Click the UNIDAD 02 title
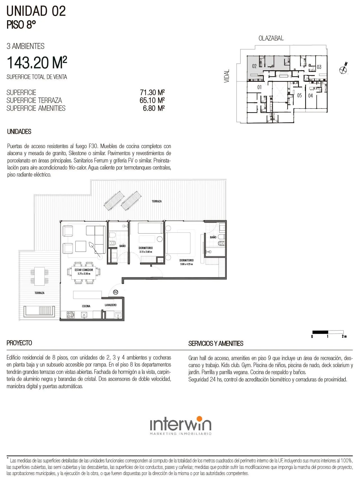click(x=36, y=11)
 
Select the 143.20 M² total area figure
click(x=37, y=62)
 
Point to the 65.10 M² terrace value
click(x=152, y=100)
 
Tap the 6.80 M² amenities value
click(x=154, y=108)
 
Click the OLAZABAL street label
click(x=271, y=38)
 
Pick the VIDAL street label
click(x=227, y=76)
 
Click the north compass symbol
click(x=344, y=68)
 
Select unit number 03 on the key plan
click(x=319, y=67)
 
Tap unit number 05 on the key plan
click(x=300, y=96)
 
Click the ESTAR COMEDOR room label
click(x=84, y=270)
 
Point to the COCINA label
click(x=86, y=306)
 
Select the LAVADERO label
click(x=111, y=305)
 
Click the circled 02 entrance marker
click(x=116, y=292)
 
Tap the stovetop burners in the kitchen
click(x=70, y=315)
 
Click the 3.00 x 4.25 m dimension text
click(x=186, y=264)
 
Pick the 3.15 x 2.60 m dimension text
click(x=146, y=252)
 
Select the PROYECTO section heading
click(x=19, y=343)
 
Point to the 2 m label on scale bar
click(x=344, y=336)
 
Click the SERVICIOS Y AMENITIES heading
click(x=216, y=343)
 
